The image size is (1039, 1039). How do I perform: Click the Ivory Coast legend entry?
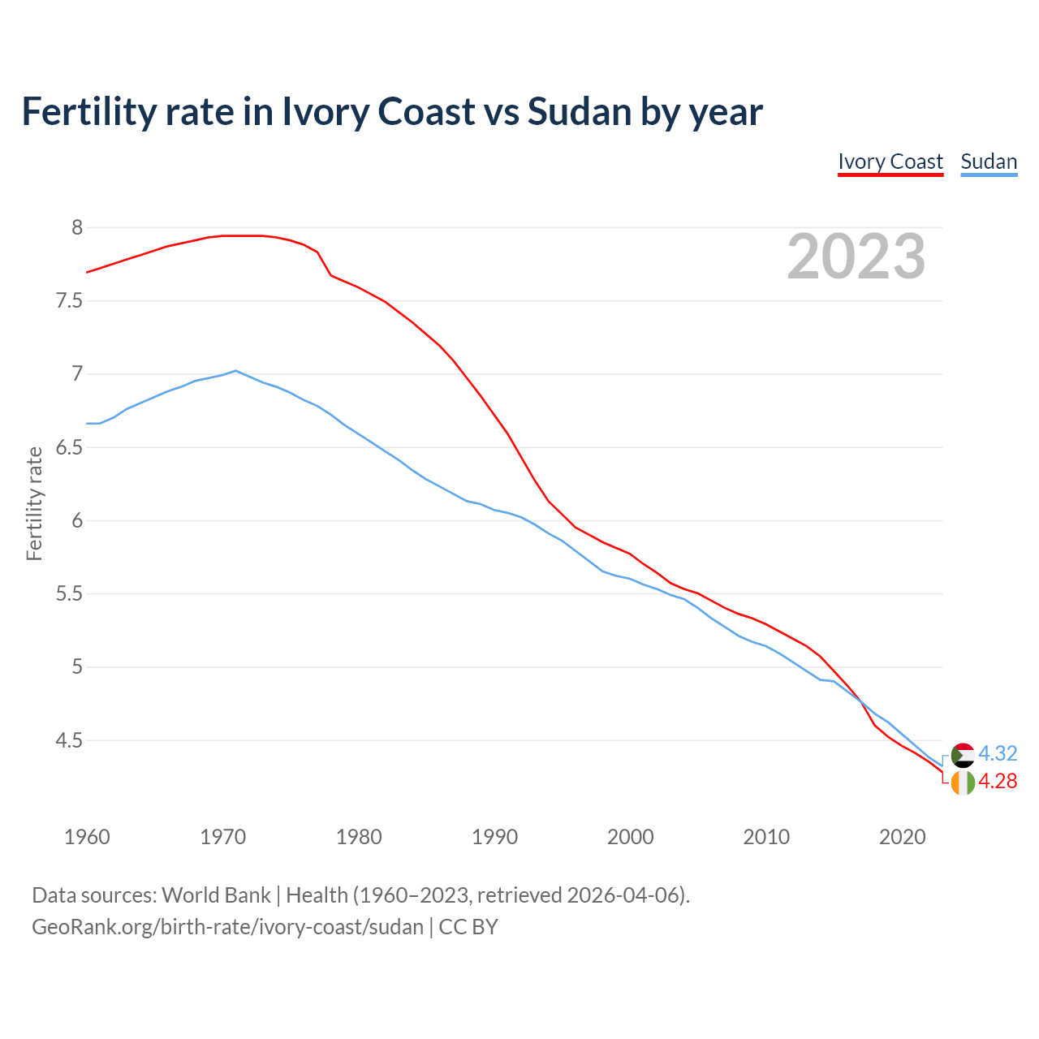point(890,162)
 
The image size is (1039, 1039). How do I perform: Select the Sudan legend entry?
point(989,162)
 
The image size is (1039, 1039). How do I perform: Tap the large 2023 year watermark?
point(856,257)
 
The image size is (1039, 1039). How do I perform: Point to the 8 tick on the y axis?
point(77,228)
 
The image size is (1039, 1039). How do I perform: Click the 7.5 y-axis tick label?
point(70,301)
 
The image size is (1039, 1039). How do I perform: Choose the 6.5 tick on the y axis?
point(70,448)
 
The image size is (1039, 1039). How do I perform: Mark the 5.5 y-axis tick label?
point(70,594)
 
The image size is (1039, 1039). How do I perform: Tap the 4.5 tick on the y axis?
point(70,741)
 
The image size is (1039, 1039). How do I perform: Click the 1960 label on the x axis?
point(87,837)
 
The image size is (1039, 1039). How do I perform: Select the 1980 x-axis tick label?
point(359,837)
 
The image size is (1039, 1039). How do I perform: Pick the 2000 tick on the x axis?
point(631,837)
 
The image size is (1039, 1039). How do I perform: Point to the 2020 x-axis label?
point(902,837)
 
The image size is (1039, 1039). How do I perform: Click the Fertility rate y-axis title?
point(34,503)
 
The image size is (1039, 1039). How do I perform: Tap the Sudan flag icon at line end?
point(963,755)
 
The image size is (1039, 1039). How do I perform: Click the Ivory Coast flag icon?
point(963,782)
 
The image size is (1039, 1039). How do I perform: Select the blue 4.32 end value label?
point(998,753)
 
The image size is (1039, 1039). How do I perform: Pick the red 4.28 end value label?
point(998,781)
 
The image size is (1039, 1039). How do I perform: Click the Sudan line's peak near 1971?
point(235,371)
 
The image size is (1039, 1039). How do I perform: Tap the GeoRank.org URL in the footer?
point(227,927)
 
